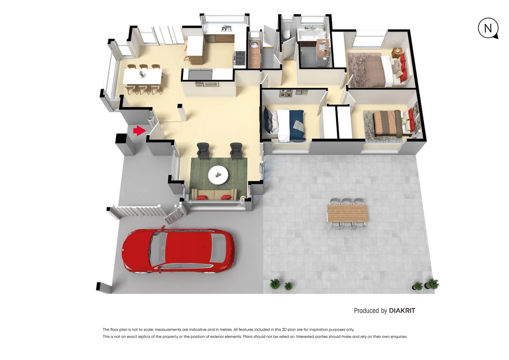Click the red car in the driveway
(x=178, y=251)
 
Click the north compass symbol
(x=488, y=28)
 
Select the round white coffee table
(x=218, y=175)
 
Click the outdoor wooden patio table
(x=347, y=213)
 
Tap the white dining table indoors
(x=142, y=76)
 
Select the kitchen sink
(x=227, y=28)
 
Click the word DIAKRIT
(x=402, y=311)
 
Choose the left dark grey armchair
(x=203, y=150)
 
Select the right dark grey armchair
(x=236, y=150)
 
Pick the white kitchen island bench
(x=195, y=46)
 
